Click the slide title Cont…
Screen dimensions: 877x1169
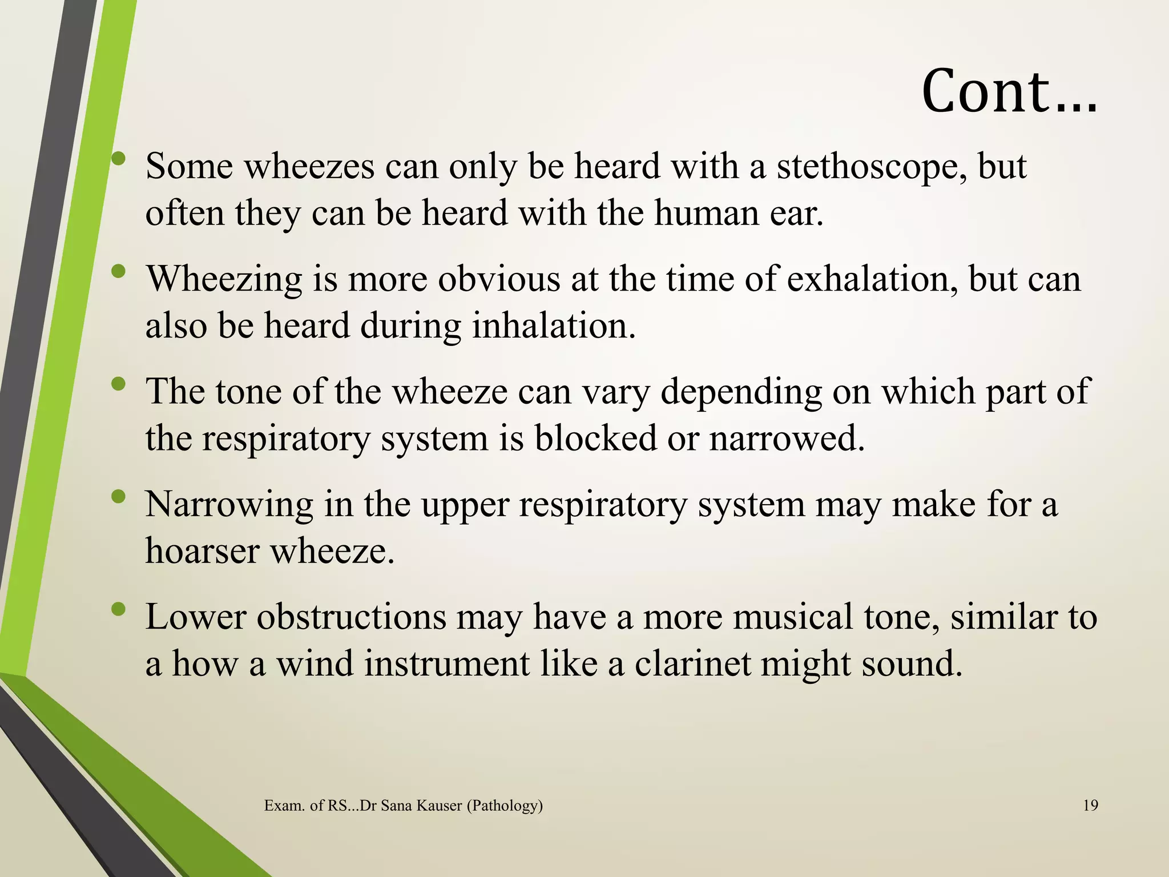(1009, 91)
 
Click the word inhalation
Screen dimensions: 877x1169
(553, 326)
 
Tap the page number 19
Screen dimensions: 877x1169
(1090, 806)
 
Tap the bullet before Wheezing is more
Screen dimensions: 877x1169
(118, 272)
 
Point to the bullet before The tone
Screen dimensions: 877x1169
(118, 385)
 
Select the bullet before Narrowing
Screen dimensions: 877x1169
(118, 497)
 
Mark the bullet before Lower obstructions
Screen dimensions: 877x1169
(118, 610)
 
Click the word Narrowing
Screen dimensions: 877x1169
(229, 505)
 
